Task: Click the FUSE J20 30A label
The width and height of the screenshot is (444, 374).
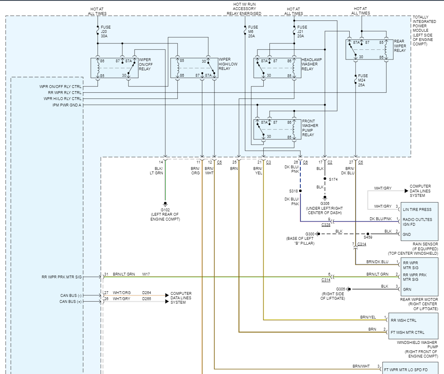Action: pos(106,32)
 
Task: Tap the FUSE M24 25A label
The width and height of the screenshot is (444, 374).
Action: pos(363,80)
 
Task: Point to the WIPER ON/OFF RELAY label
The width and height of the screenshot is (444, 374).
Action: pos(145,64)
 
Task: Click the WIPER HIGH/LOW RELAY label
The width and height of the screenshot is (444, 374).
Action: pos(228,64)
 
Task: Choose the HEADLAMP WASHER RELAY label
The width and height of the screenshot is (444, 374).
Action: pos(312,64)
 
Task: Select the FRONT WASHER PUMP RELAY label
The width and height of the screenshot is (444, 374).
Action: pos(311,128)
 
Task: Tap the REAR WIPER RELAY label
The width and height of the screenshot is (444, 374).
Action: pos(400,46)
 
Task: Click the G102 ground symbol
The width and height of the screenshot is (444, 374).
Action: pos(165,203)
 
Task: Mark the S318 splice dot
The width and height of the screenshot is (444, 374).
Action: pos(300,191)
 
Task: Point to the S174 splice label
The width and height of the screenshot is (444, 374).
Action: pos(333,179)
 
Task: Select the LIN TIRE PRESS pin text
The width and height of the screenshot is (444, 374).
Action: pos(417,209)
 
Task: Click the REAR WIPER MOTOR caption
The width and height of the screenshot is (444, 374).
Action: pos(419,304)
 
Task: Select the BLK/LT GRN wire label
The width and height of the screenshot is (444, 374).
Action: pos(156,171)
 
